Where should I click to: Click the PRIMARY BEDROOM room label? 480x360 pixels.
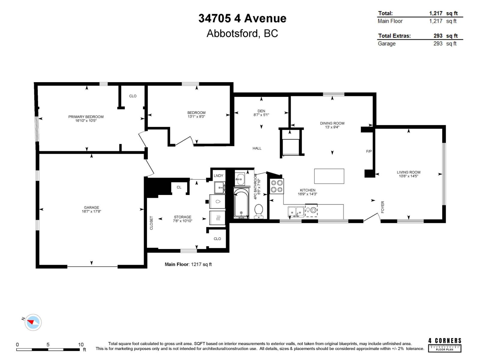(x=86, y=117)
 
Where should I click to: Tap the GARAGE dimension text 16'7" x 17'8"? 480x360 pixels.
(x=91, y=211)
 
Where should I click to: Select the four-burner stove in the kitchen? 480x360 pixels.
(x=277, y=186)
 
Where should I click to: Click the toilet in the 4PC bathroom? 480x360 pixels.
(x=258, y=211)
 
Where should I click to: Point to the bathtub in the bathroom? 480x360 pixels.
(x=241, y=202)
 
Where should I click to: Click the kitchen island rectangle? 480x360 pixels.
(x=329, y=176)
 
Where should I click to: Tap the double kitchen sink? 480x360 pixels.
(x=296, y=211)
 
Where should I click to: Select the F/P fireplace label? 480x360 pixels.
(x=369, y=151)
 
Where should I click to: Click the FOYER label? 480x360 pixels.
(x=382, y=207)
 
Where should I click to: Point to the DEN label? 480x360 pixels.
(x=261, y=111)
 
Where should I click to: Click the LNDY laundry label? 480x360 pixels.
(x=218, y=176)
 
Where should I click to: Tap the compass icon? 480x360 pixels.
(x=33, y=322)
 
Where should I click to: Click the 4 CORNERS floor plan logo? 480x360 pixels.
(x=445, y=344)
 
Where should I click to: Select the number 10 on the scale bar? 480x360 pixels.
(x=81, y=344)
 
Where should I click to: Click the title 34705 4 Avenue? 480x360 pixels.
(x=242, y=18)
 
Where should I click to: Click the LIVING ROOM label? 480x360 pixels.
(x=408, y=172)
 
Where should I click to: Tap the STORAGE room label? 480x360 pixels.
(x=182, y=217)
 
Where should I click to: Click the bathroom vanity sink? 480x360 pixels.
(x=240, y=179)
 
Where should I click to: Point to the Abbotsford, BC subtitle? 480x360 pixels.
(x=242, y=33)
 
